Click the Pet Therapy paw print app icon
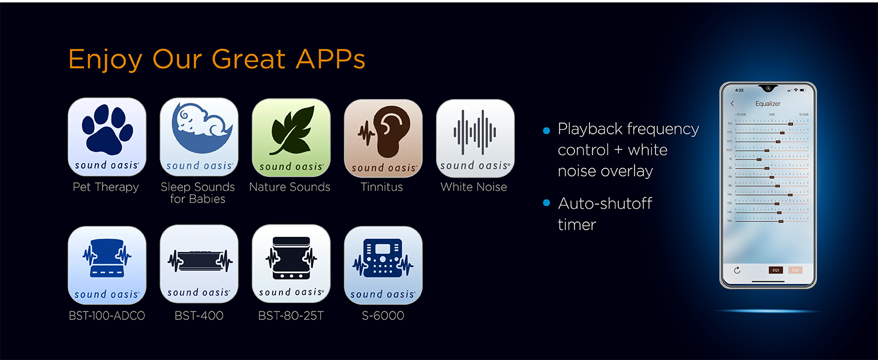107,137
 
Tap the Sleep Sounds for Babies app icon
199,137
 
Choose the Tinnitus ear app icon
383,138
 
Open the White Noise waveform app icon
474,137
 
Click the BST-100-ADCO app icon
107,264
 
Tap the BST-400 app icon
199,264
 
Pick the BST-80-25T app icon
291,264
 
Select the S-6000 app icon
383,265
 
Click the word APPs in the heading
330,59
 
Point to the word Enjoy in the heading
105,59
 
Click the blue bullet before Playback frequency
546,130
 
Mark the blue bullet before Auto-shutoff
546,203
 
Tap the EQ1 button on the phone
776,270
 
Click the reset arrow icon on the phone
737,270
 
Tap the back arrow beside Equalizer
732,104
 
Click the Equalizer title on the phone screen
768,104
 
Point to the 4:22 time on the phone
739,90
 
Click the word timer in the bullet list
577,225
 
